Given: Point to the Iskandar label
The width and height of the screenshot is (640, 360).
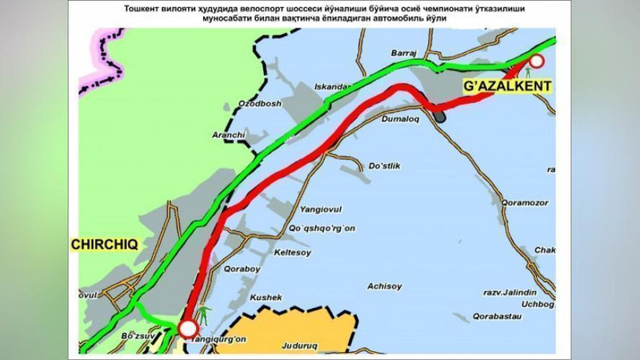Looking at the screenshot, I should point(336,86).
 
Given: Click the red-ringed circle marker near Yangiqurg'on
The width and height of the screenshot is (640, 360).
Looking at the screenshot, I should point(188,327).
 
